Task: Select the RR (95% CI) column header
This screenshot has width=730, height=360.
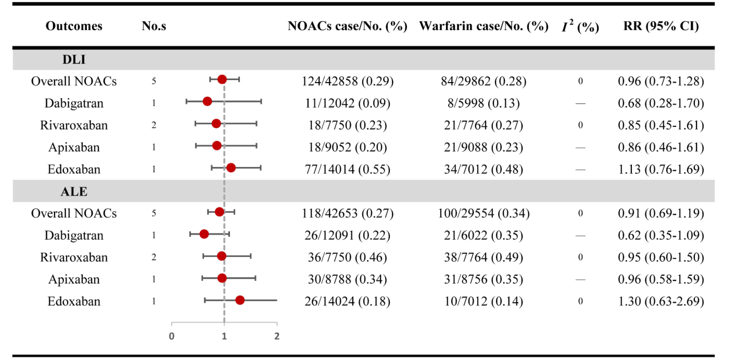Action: pos(661,26)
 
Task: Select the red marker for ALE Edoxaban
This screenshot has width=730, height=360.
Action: pos(240,300)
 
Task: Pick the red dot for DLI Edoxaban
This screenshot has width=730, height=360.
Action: pos(231,168)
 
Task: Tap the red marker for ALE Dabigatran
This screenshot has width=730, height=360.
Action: pos(204,234)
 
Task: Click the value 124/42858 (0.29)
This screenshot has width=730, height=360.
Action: pos(347,81)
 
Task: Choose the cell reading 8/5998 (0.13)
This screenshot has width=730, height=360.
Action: pos(483,103)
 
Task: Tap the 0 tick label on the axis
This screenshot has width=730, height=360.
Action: pos(171,336)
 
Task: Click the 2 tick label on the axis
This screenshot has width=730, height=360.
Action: pos(277,336)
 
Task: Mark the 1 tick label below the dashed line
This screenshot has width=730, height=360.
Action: pos(224,336)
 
